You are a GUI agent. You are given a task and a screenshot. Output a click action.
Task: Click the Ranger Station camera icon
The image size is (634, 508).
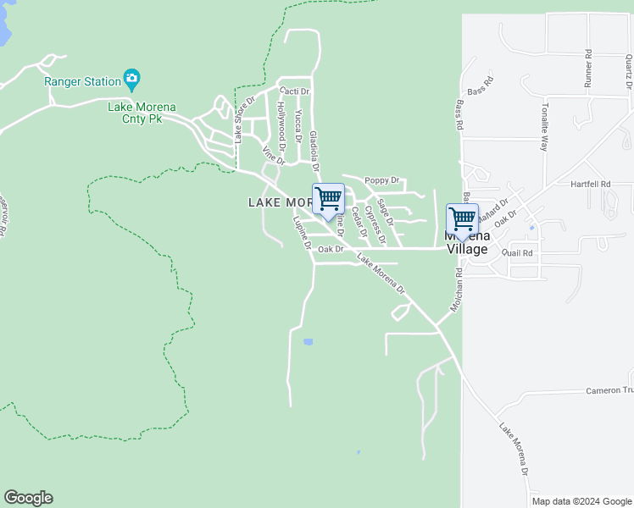coord(131,80)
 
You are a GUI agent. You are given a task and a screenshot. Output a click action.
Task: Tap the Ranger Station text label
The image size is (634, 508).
coord(82,82)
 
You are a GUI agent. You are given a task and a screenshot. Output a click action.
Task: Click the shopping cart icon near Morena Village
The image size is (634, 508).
coord(462,219)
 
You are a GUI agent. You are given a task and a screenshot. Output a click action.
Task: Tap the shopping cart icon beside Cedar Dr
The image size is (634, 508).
coord(328,200)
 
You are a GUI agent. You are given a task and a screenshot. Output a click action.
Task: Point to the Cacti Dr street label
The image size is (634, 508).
coord(294,91)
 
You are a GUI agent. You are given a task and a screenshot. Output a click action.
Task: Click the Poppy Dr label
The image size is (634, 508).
coord(381,180)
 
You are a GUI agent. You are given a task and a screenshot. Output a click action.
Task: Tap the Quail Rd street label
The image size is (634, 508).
coord(516,253)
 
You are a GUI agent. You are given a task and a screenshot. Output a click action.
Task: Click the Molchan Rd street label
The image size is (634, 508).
coord(456,290)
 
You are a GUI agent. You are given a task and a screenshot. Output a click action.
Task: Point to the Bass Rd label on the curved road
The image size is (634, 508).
coord(479,86)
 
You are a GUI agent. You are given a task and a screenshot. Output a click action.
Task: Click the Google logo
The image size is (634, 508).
coord(28,498)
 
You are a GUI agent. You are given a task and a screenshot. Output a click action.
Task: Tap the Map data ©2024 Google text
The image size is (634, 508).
coord(581,501)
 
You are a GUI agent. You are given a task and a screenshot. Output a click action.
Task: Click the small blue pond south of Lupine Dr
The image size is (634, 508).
coord(308,342)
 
